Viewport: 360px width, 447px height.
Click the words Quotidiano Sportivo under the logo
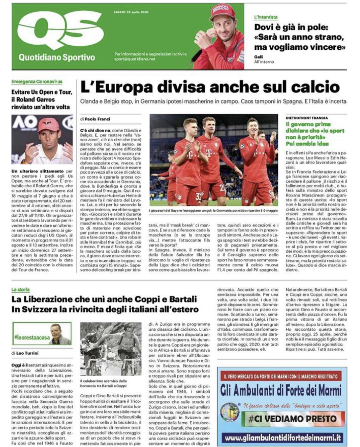[x=57, y=57]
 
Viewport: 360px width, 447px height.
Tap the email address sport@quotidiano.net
[x=135, y=59]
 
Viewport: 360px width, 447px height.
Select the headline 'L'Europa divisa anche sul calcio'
[x=210, y=87]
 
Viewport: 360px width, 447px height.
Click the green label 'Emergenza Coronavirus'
[x=37, y=81]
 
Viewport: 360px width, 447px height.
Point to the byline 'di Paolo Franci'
[x=95, y=119]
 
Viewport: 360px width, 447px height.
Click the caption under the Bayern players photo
[x=213, y=210]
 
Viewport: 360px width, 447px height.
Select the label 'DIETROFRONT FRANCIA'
[x=307, y=118]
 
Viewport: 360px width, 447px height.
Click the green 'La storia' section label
[x=20, y=289]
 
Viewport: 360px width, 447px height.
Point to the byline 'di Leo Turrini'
[x=25, y=353]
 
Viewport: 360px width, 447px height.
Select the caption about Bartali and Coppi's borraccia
[x=103, y=383]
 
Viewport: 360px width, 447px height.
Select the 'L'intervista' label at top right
[x=266, y=17]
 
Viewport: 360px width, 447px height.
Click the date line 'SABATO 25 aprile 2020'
[x=131, y=12]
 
